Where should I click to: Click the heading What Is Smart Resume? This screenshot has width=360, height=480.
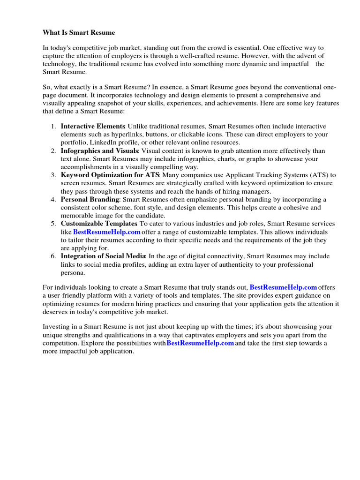[79, 33]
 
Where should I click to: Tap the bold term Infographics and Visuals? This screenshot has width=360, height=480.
[99, 151]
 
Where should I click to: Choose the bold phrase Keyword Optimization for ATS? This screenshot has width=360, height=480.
[110, 175]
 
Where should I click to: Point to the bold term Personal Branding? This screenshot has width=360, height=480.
[90, 200]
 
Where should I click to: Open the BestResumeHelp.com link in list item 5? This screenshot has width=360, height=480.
[107, 232]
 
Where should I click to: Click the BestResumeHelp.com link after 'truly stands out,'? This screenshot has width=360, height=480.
[283, 287]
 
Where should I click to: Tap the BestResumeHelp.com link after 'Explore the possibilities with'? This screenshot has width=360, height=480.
[200, 343]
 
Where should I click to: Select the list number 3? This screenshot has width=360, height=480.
[53, 175]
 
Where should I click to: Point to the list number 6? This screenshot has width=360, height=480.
[53, 256]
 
